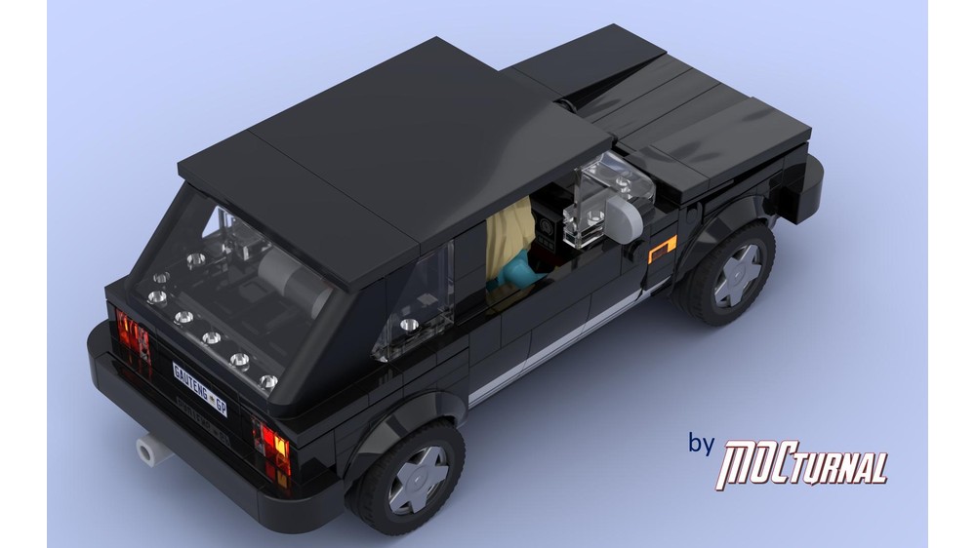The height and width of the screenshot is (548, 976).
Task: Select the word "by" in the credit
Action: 701,444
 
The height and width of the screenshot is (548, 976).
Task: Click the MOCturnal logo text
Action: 802,464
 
